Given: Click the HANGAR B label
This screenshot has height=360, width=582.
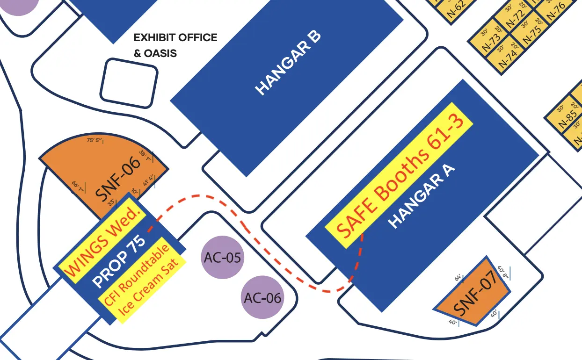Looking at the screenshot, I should pos(288,64).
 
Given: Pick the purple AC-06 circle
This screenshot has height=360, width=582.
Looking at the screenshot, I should pos(263,297).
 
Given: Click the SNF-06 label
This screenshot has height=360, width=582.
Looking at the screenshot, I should pos(118,179).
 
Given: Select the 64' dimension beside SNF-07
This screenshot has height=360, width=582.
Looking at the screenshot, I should pos(458,277).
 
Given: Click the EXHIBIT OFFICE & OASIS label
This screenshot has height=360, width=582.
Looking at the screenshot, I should pos(175,45).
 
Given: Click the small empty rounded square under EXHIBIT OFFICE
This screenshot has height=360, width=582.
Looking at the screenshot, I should pos(129,83).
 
